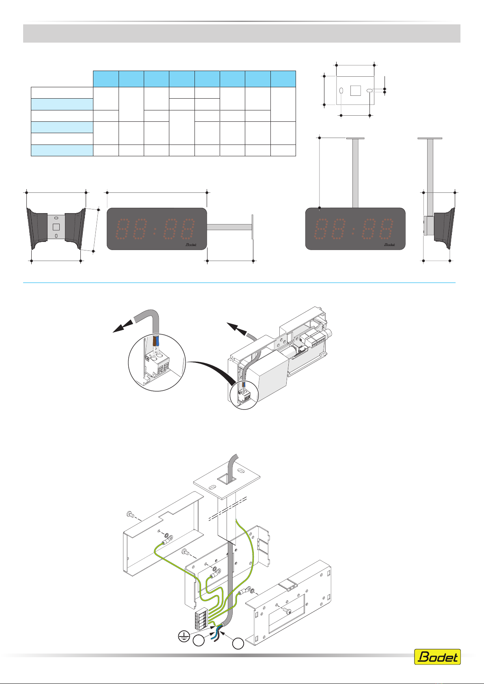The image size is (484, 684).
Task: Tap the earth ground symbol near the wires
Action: click(x=185, y=636)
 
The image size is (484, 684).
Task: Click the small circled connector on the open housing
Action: click(x=244, y=395)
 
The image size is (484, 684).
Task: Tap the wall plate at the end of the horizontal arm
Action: click(x=253, y=227)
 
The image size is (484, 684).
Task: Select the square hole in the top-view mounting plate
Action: click(x=355, y=90)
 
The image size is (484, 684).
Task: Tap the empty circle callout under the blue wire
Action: click(x=238, y=643)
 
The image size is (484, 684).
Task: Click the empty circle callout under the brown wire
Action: click(x=199, y=641)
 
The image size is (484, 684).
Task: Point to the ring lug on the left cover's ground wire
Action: click(x=166, y=542)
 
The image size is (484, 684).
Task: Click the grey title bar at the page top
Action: click(x=242, y=33)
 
